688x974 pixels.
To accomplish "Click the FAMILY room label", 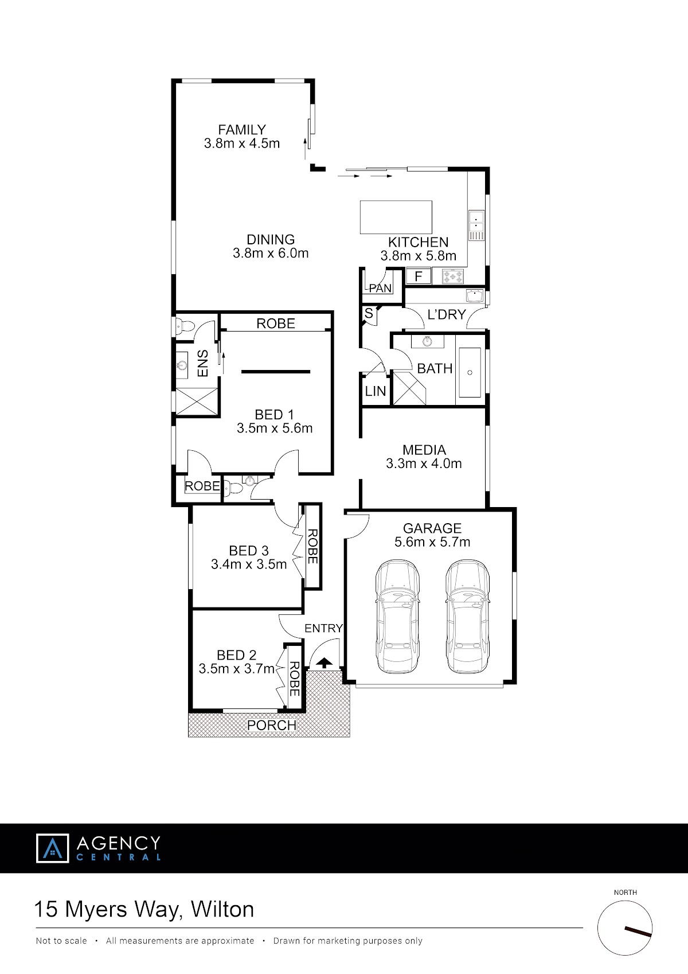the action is tap(242, 130).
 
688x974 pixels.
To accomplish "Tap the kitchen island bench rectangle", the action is tap(396, 217).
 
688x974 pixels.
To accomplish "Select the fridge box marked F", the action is tap(419, 276).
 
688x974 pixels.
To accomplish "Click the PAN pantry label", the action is tap(380, 288).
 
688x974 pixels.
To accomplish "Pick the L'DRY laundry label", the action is tap(447, 314).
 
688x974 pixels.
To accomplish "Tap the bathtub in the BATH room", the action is tap(470, 372).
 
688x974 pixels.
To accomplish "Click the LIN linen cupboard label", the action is tap(376, 391).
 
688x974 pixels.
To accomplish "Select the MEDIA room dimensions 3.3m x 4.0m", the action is tap(424, 463).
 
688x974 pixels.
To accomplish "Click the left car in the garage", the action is tap(397, 616).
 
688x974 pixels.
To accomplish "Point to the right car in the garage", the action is tap(467, 616).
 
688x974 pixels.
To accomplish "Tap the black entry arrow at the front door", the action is tap(324, 663).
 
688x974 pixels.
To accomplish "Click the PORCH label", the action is tap(272, 725).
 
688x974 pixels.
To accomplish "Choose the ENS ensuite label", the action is tap(203, 364).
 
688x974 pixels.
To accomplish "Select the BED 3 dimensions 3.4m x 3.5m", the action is tap(249, 564).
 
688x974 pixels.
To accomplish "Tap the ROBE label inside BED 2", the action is tap(294, 679).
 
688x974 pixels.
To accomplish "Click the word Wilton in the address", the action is tap(222, 909).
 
